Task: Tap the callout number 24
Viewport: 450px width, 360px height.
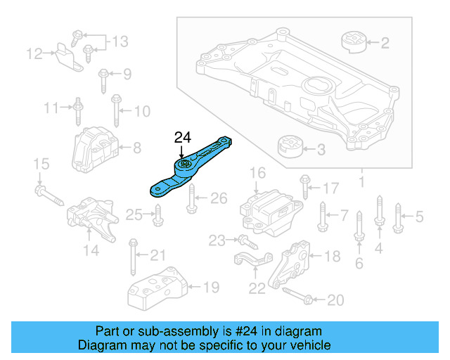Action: tap(182, 138)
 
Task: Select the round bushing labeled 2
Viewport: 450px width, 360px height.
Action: tap(355, 41)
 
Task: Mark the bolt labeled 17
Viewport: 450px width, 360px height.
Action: tap(305, 186)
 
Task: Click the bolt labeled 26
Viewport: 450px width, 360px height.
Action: tap(191, 201)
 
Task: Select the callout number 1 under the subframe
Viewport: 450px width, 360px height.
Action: tap(362, 184)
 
